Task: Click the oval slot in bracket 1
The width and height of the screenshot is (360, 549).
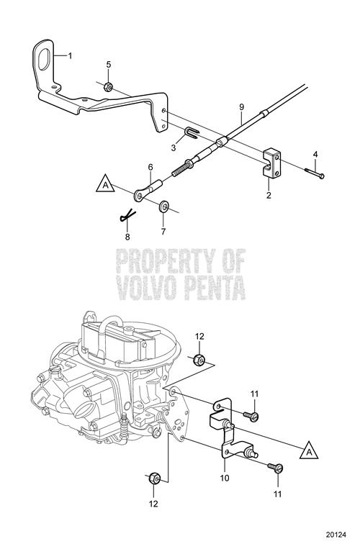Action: click(x=44, y=59)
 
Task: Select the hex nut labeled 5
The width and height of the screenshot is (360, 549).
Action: click(x=109, y=86)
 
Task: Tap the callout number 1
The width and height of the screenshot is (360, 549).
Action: click(x=70, y=55)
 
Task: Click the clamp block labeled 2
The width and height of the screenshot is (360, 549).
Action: click(x=271, y=163)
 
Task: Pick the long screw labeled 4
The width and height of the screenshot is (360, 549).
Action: click(x=315, y=173)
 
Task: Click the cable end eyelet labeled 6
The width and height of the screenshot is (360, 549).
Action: click(x=148, y=190)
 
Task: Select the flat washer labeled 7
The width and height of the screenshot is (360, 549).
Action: click(x=163, y=207)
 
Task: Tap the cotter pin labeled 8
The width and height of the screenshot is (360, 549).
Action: click(x=127, y=216)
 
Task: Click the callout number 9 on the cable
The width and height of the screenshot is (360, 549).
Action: click(x=241, y=107)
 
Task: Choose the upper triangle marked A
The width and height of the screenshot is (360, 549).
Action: click(x=105, y=184)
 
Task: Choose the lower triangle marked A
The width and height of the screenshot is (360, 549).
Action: click(x=309, y=450)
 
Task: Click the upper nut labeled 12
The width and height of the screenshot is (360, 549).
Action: click(x=199, y=360)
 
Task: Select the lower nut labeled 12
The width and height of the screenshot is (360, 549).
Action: click(x=154, y=478)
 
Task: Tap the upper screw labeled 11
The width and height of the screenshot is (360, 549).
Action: click(x=251, y=416)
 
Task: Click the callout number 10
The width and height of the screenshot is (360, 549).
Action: click(x=225, y=478)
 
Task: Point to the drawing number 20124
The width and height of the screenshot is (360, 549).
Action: click(x=336, y=535)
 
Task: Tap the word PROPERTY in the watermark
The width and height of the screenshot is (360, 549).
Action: click(x=166, y=261)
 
